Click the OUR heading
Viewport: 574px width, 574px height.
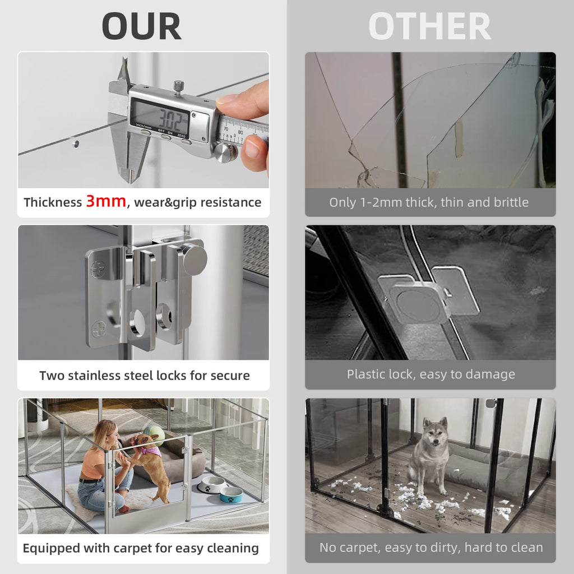(x=142, y=26)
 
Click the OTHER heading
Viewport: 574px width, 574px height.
(x=429, y=26)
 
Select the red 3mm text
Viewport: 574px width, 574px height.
(x=106, y=202)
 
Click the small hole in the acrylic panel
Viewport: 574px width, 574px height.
(x=76, y=143)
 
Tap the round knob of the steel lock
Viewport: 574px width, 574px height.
(x=194, y=260)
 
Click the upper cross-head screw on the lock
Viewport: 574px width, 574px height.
(x=98, y=270)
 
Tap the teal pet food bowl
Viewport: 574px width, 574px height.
(x=231, y=494)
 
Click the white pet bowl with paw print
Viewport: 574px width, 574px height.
(x=211, y=484)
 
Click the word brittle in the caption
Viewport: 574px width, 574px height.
(x=508, y=202)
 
